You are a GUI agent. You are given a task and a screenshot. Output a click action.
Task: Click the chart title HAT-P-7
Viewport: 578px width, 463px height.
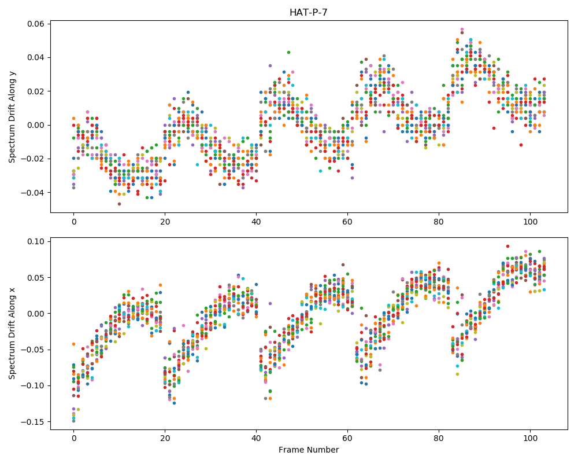click(309, 12)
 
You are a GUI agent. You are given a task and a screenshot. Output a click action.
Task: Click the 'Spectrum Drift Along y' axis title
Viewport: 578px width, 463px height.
click(12, 116)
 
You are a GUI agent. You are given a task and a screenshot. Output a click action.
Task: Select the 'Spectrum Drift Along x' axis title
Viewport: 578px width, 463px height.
click(12, 333)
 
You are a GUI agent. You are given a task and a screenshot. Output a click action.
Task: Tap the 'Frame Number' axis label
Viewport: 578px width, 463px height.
click(309, 450)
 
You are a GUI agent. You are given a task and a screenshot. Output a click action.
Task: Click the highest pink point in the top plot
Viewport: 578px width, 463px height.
click(462, 29)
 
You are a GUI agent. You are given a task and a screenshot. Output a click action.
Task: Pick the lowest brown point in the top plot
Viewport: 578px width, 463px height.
click(119, 204)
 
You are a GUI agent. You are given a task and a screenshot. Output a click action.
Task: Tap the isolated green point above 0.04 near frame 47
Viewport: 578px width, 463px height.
click(288, 53)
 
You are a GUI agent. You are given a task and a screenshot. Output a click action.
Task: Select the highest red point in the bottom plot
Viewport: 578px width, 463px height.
click(507, 247)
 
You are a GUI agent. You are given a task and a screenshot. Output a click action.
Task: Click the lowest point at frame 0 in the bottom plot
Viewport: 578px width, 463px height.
click(74, 421)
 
